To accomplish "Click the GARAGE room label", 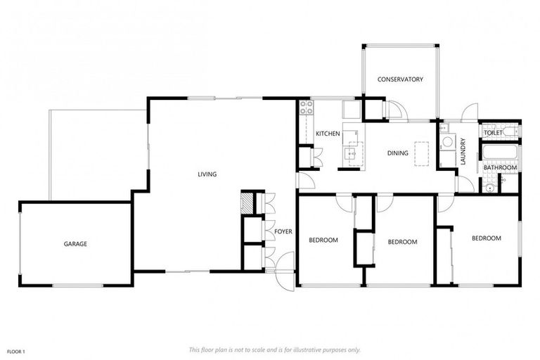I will click(75, 244).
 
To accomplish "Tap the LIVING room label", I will click(207, 174).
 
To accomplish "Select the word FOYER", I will click(283, 231).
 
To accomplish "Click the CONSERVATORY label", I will click(400, 79).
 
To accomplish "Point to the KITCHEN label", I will click(328, 134).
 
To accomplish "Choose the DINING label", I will click(398, 153).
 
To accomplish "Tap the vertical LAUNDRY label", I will click(463, 151).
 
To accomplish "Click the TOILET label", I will click(492, 132).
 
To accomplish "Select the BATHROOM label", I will click(500, 168).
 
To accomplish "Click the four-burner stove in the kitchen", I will click(307, 108).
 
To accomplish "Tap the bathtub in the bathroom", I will click(500, 153).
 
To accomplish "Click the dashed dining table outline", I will click(422, 153).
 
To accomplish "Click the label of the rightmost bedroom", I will click(486, 238).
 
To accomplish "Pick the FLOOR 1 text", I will click(15, 351).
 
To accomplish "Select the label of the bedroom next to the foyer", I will click(323, 240).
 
